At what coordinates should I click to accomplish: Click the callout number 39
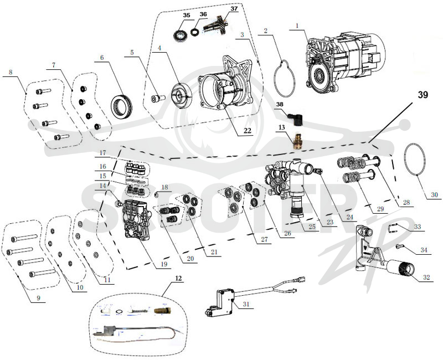[x=423, y=95]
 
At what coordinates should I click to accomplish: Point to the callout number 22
[x=246, y=131]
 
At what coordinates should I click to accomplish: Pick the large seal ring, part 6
[x=121, y=106]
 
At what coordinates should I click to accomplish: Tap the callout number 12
[x=178, y=278]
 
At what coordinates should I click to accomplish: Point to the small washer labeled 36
[x=195, y=32]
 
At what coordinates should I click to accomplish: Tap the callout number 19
[x=164, y=264]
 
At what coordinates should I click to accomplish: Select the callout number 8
[x=11, y=72]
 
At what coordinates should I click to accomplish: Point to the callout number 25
[x=312, y=227]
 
